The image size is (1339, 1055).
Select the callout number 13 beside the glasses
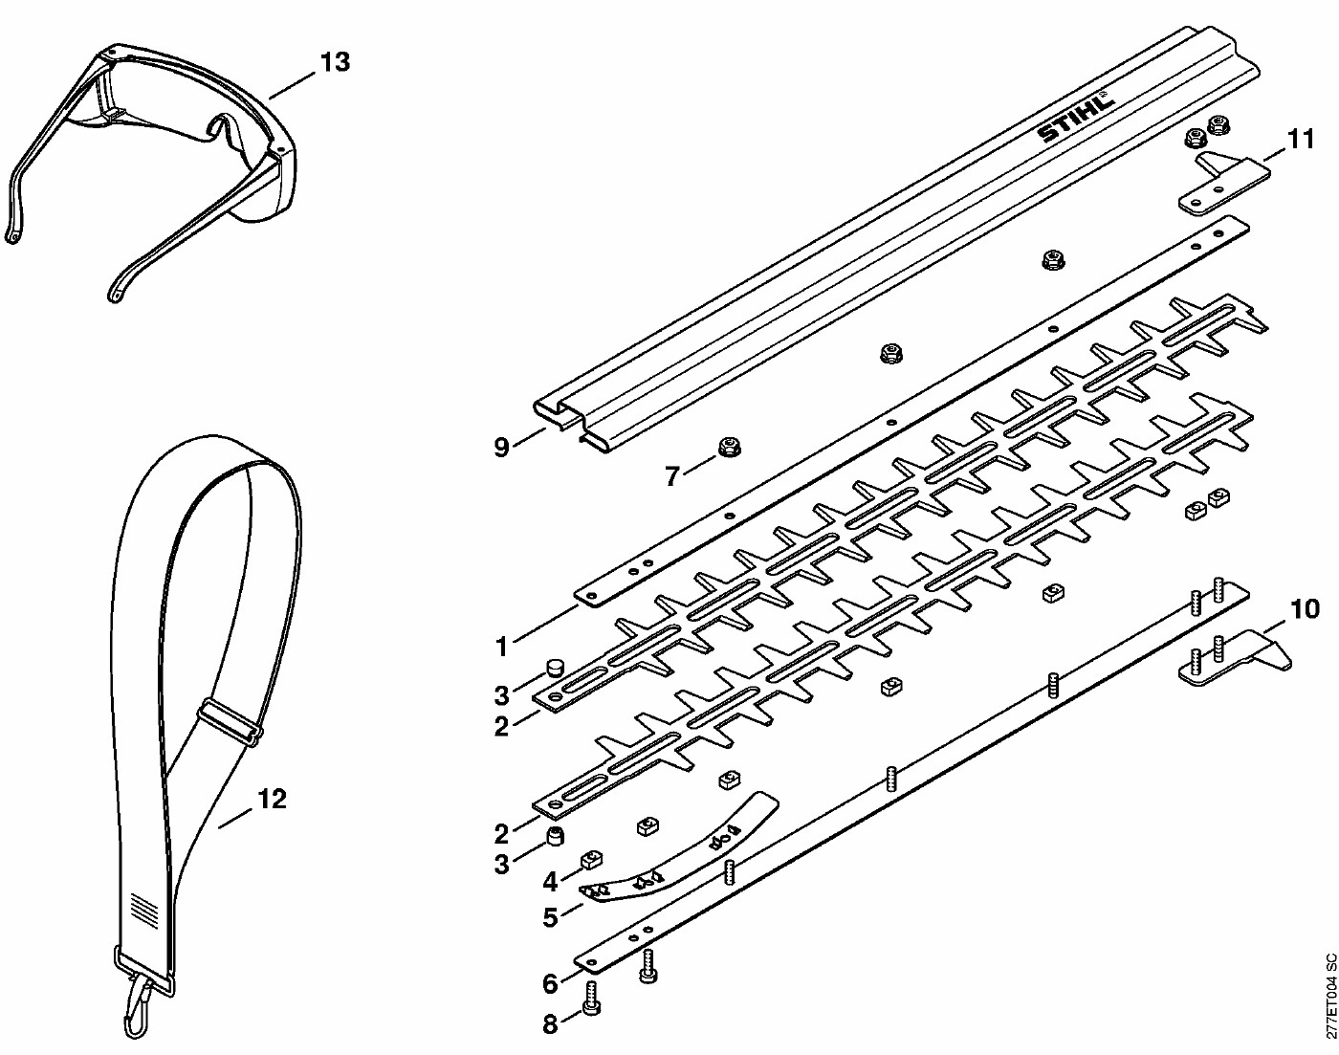tap(335, 63)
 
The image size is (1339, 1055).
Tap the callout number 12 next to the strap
tap(272, 799)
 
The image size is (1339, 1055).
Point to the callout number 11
tap(1301, 140)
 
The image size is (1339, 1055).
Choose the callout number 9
tap(501, 447)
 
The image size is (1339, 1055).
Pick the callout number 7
tap(672, 476)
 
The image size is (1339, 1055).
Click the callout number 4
tap(550, 882)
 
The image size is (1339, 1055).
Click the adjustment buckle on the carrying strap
tap(229, 723)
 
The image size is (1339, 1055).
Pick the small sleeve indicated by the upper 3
tap(554, 669)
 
